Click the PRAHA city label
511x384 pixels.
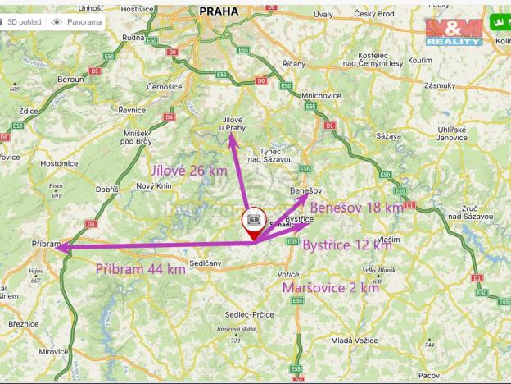coord(218,11)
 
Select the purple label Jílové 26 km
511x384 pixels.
coord(189,171)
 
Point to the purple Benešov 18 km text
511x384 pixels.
coord(356,208)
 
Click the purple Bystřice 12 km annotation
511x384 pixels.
coord(347,245)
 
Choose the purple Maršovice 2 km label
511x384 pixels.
coord(330,288)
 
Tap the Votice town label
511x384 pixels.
coord(287,273)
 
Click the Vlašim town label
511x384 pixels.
coord(389,238)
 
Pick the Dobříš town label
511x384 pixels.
coord(107,189)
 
